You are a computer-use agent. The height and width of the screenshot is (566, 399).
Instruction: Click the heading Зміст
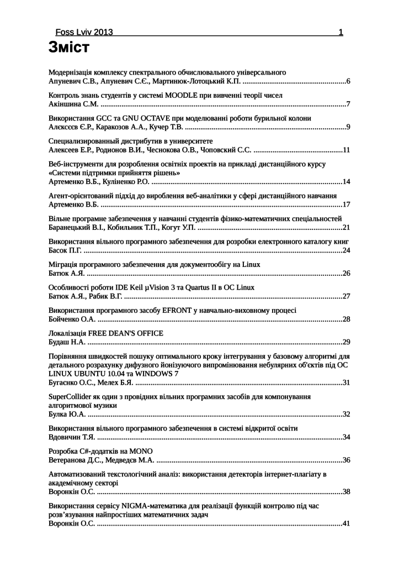click(x=69, y=48)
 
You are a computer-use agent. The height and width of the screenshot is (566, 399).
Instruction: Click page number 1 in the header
click(x=341, y=32)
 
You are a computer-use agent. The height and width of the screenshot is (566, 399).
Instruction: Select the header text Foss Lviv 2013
click(x=84, y=32)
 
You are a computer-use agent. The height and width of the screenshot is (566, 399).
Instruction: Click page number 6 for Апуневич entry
click(x=348, y=81)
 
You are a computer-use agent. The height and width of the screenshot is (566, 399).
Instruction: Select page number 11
click(x=346, y=150)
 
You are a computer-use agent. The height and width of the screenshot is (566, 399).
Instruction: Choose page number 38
click(x=346, y=491)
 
